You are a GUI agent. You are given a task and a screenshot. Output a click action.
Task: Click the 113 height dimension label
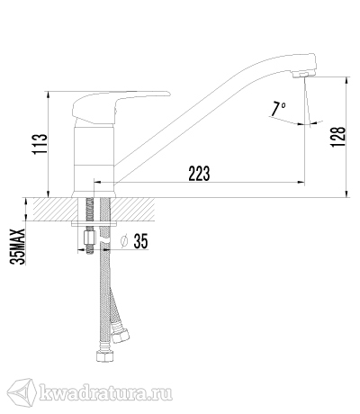coord(40,144)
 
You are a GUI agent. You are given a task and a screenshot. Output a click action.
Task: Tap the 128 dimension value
coord(338,137)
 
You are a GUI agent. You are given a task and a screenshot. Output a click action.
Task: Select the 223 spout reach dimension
coord(199,173)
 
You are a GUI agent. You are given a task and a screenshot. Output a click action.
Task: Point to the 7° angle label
coord(278,109)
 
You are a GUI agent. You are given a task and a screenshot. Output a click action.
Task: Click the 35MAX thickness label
coord(17,247)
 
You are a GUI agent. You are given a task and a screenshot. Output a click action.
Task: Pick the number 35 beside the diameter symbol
coord(140,241)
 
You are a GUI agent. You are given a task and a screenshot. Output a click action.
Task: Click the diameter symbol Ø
coord(124,241)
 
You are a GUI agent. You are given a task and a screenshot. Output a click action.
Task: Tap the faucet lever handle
coord(120,106)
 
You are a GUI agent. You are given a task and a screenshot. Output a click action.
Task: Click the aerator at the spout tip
coord(300,75)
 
